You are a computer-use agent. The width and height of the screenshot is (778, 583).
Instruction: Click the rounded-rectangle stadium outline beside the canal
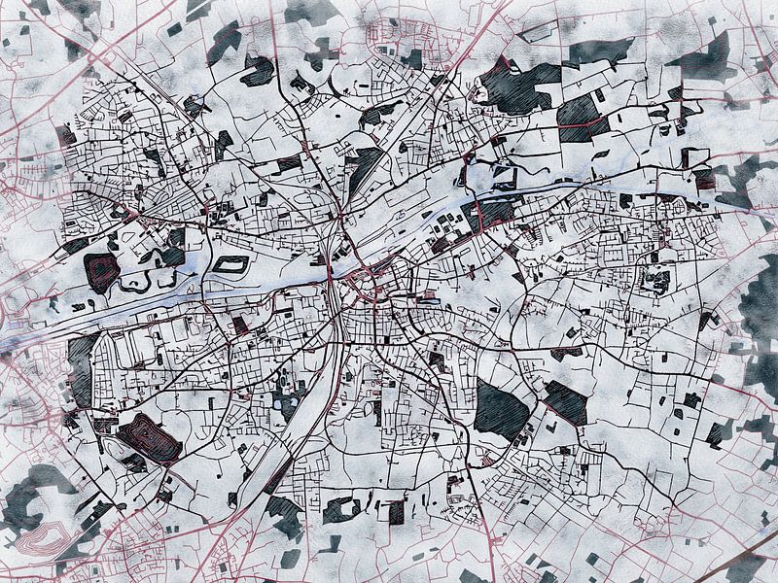pos(230,264)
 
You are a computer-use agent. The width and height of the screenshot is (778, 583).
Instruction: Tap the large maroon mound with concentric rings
pos(150,438)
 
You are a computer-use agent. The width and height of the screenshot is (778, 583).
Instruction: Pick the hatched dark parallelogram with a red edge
pos(565,401)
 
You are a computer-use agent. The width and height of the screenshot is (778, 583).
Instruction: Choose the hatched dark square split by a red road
pos(582,117)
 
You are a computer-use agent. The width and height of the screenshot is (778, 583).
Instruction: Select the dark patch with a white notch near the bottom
pos(341,509)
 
